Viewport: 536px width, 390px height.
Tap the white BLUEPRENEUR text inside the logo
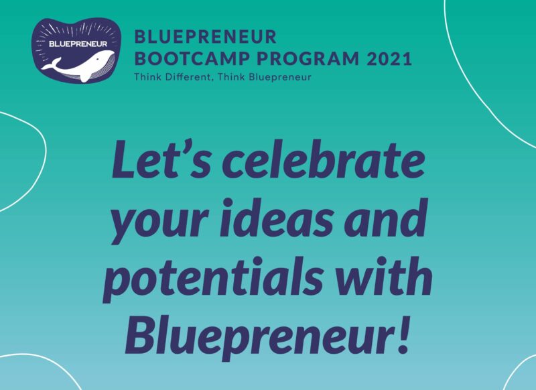click(78, 44)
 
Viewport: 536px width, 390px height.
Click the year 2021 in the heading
click(389, 59)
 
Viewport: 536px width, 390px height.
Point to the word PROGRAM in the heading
click(308, 59)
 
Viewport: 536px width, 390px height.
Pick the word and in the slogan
click(386, 218)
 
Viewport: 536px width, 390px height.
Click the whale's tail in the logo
click(52, 64)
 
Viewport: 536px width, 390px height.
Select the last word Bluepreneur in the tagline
click(280, 77)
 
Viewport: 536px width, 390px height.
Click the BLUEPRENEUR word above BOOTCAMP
click(206, 37)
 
